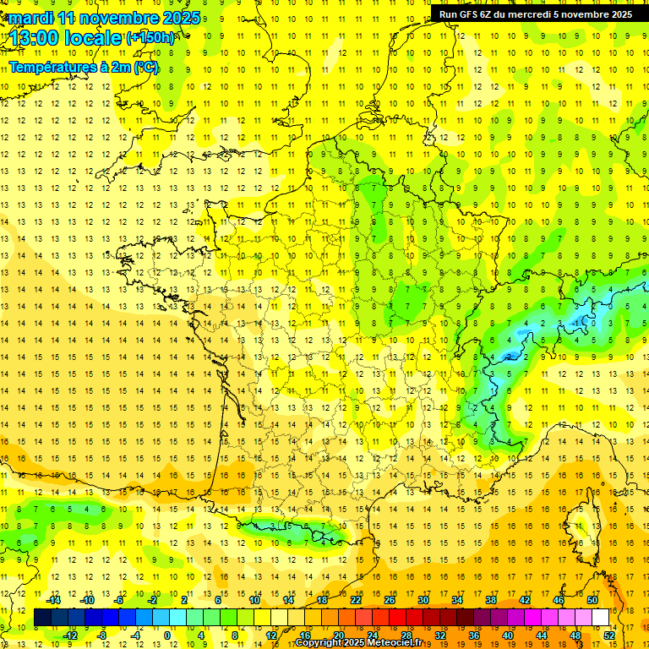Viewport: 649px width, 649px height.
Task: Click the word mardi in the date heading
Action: (32, 18)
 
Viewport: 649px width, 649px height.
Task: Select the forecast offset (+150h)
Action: (150, 38)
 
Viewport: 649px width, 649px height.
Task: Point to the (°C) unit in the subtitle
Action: (145, 67)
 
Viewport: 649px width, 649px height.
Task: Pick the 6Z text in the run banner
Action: (499, 14)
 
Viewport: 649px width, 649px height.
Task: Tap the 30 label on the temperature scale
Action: (423, 599)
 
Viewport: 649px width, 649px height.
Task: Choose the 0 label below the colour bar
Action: (167, 635)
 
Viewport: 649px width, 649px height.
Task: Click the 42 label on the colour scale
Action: (524, 599)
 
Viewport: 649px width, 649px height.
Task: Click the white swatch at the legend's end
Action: (601, 618)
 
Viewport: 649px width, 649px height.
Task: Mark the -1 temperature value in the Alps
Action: (577, 323)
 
